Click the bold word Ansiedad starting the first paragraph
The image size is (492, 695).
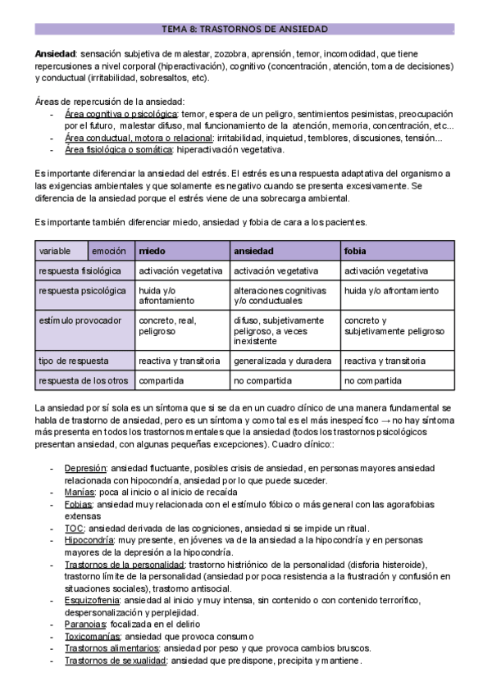point(53,52)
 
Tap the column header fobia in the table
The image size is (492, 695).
point(355,250)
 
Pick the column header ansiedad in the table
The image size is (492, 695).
point(253,250)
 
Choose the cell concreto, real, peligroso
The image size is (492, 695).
point(167,325)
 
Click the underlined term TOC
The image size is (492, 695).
point(74,529)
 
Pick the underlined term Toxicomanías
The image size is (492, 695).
point(93,637)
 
